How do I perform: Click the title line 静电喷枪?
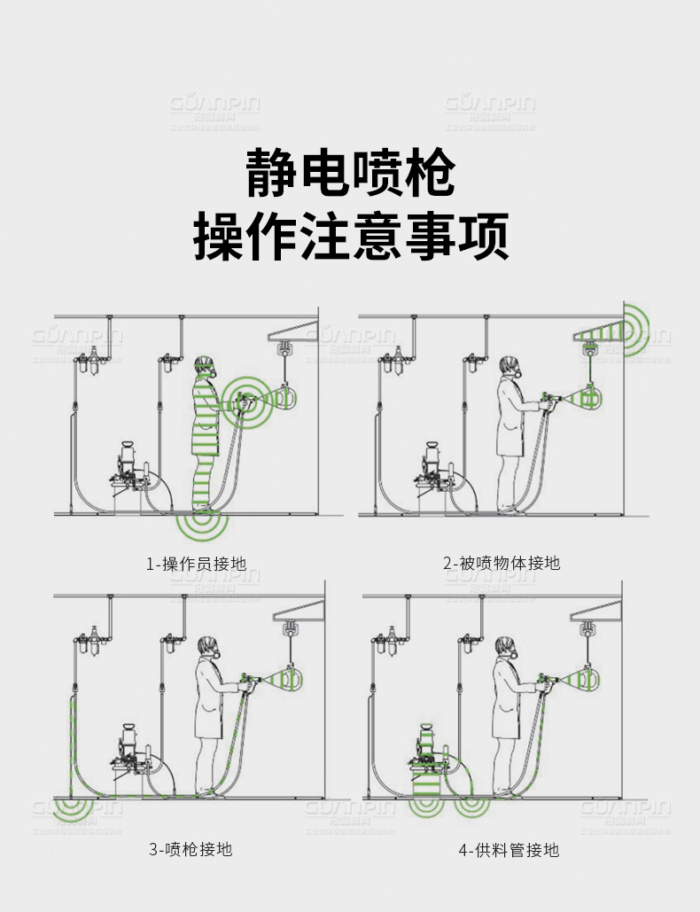click(350, 173)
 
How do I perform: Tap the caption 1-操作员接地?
click(196, 563)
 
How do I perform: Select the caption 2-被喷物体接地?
click(502, 563)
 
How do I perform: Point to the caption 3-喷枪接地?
click(190, 849)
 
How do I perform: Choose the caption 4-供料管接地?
click(509, 850)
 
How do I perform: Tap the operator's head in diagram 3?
click(208, 647)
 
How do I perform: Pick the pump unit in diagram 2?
click(434, 470)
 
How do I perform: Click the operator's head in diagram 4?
click(504, 647)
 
